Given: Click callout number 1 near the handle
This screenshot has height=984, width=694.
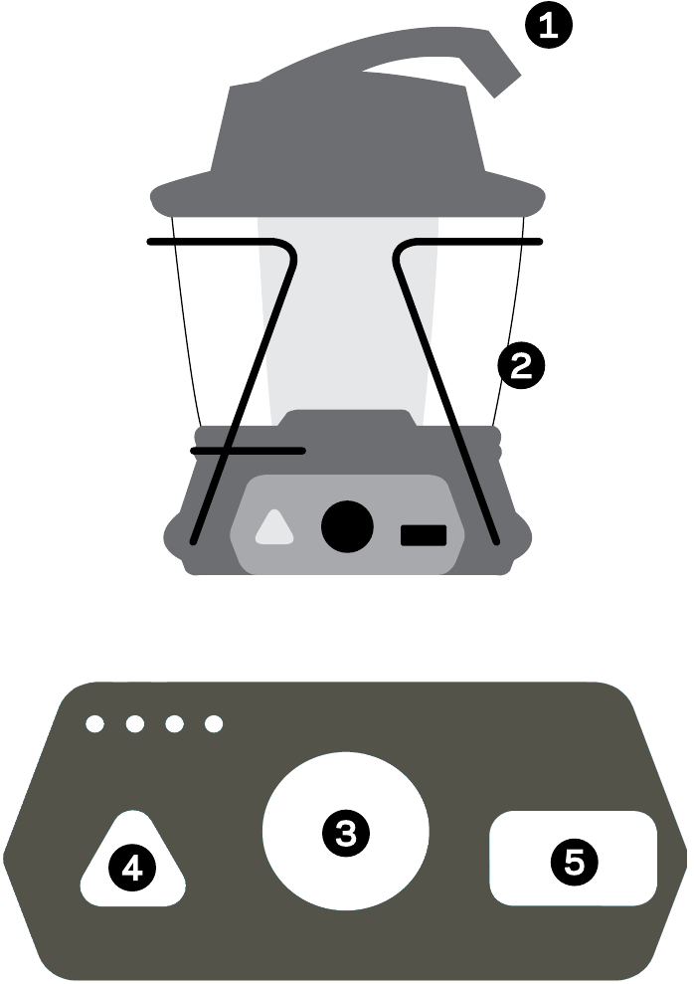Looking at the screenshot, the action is [x=549, y=25].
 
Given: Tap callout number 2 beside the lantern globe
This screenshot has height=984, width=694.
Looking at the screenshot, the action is [x=522, y=366].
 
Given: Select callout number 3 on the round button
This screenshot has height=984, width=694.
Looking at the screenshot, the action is [x=345, y=833].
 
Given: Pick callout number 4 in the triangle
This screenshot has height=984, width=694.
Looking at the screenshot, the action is [x=132, y=869].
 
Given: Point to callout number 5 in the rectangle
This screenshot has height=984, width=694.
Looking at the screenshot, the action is [x=575, y=862].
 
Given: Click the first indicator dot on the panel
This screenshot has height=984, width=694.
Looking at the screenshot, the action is [x=94, y=723].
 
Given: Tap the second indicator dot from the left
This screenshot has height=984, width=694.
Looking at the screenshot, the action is [x=135, y=723].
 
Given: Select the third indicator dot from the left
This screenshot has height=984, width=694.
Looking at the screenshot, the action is [x=174, y=723].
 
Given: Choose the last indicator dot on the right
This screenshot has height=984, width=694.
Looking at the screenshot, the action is [x=214, y=723].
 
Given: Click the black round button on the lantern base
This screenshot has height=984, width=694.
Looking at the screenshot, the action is [x=347, y=526].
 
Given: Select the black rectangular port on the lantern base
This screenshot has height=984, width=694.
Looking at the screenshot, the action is [x=424, y=535].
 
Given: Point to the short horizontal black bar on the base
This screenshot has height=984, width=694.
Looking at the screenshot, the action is [x=249, y=451].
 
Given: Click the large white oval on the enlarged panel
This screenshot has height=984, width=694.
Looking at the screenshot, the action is [x=345, y=831].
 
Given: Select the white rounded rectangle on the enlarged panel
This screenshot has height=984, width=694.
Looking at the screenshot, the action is [x=573, y=858].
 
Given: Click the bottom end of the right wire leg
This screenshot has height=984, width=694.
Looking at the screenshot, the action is [x=498, y=540].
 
